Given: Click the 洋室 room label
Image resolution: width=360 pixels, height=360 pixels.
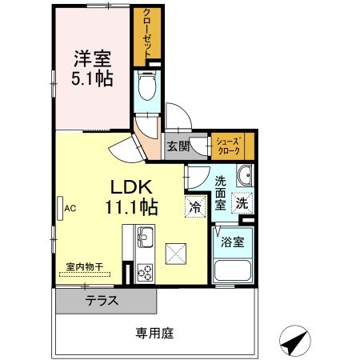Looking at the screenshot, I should pyautogui.click(x=93, y=58).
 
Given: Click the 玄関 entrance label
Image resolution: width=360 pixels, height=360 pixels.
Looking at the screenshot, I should pyautogui.click(x=178, y=146).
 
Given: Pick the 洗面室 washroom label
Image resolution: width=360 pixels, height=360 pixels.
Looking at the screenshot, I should pyautogui.click(x=221, y=192).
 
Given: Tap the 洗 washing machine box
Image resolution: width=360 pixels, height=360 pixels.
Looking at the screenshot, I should pyautogui.click(x=241, y=203).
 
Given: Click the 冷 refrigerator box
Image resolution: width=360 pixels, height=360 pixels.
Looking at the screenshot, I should pyautogui.click(x=194, y=205).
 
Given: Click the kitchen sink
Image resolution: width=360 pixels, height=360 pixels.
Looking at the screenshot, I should pyautogui.click(x=145, y=238).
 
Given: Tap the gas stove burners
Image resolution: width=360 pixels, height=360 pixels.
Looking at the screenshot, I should pyautogui.click(x=145, y=271).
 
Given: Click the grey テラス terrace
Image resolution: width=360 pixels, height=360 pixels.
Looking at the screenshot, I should pyautogui.click(x=104, y=302).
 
